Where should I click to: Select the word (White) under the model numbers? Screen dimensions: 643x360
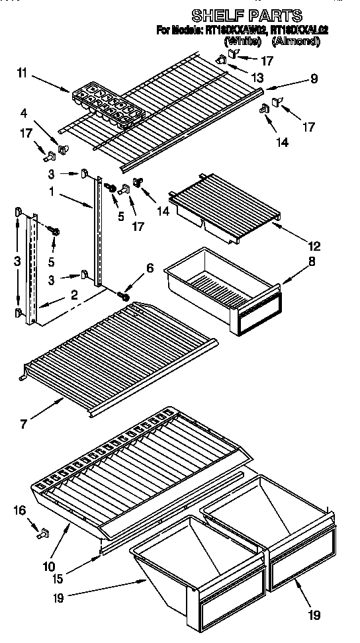(x=243, y=41)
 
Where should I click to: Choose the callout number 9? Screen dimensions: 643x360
(x=312, y=77)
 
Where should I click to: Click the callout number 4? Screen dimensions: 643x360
(x=23, y=112)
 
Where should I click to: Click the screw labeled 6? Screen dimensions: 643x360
(x=122, y=296)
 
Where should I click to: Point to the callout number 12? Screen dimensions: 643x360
(x=314, y=246)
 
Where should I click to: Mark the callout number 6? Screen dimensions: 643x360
(x=150, y=268)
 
